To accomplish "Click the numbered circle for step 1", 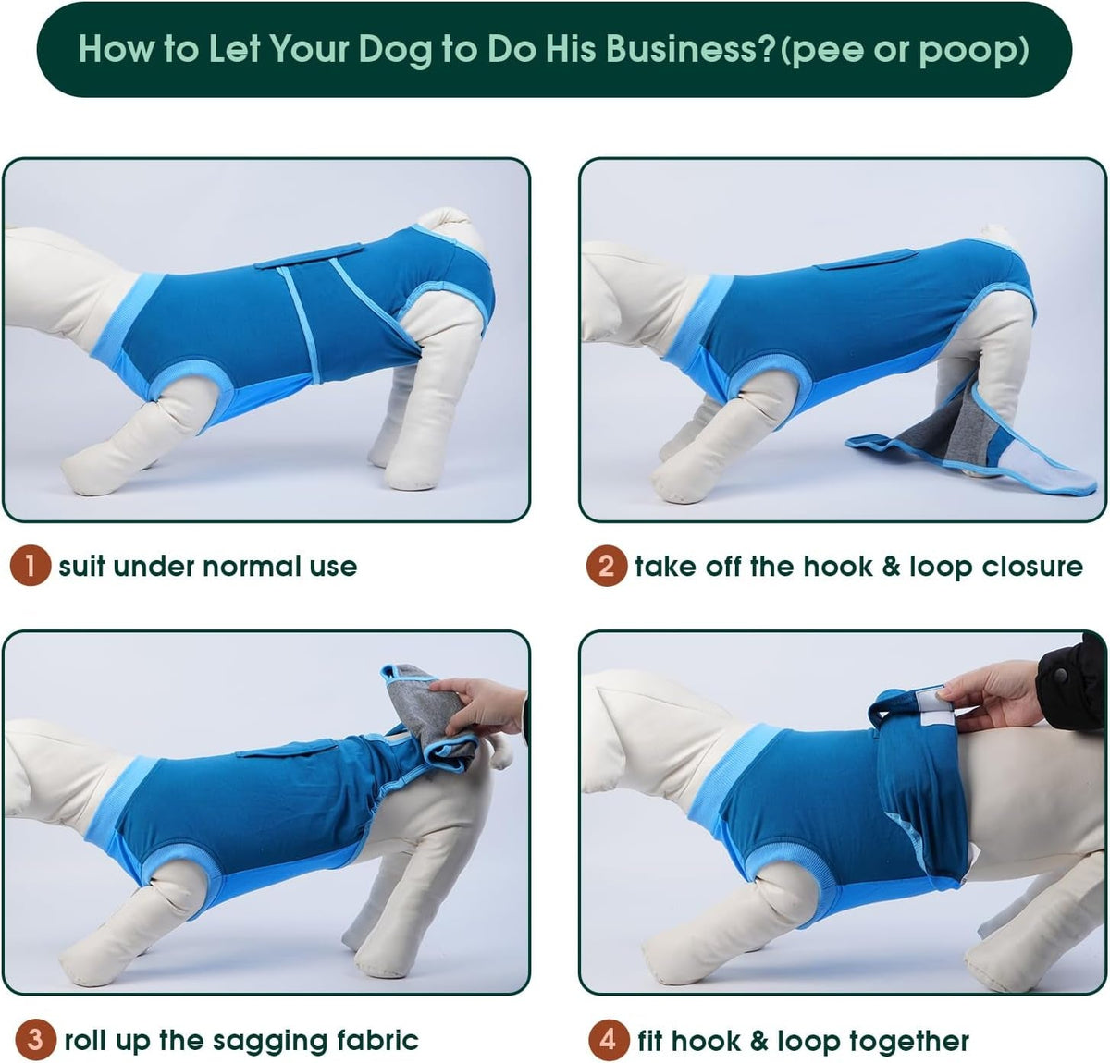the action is (31, 566).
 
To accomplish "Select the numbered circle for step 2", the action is (606, 566).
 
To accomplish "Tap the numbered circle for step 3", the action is (35, 1039).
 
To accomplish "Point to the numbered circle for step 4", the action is (608, 1039).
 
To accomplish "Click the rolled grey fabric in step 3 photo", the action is (427, 717).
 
